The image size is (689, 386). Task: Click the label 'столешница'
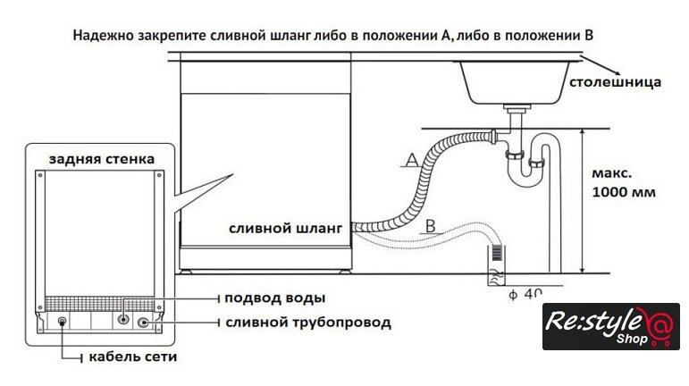[616, 82]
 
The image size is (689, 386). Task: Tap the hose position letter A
[410, 160]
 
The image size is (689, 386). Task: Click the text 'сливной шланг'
[285, 229]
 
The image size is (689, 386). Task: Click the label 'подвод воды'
[274, 298]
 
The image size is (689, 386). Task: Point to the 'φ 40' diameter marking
[525, 292]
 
